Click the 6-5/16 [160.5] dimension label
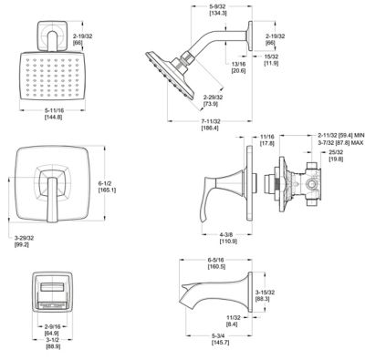[x=215, y=264]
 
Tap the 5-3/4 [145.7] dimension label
[x=218, y=349]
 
